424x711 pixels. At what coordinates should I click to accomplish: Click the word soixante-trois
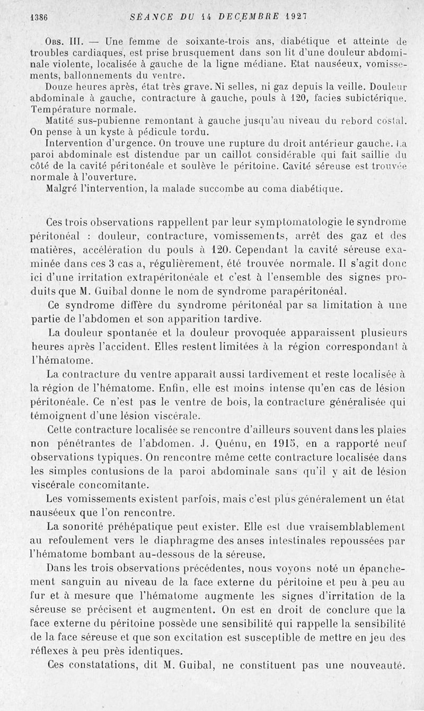[x=202, y=41]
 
